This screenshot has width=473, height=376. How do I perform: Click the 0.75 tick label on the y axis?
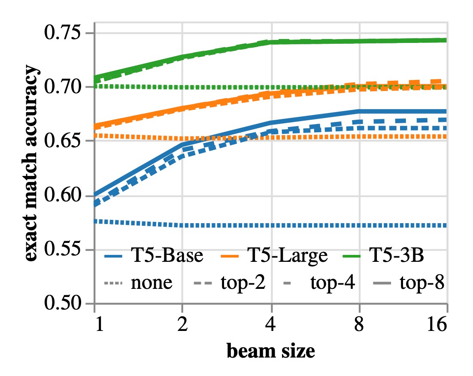click(65, 33)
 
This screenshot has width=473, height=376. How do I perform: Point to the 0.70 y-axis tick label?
click(65, 87)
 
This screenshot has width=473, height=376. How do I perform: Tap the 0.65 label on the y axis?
click(65, 141)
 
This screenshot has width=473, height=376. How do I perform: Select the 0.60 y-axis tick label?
click(65, 196)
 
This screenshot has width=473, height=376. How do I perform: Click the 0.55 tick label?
click(65, 250)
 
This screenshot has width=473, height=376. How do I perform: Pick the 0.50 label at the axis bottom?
click(65, 304)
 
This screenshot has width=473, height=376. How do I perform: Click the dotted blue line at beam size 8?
click(359, 225)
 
